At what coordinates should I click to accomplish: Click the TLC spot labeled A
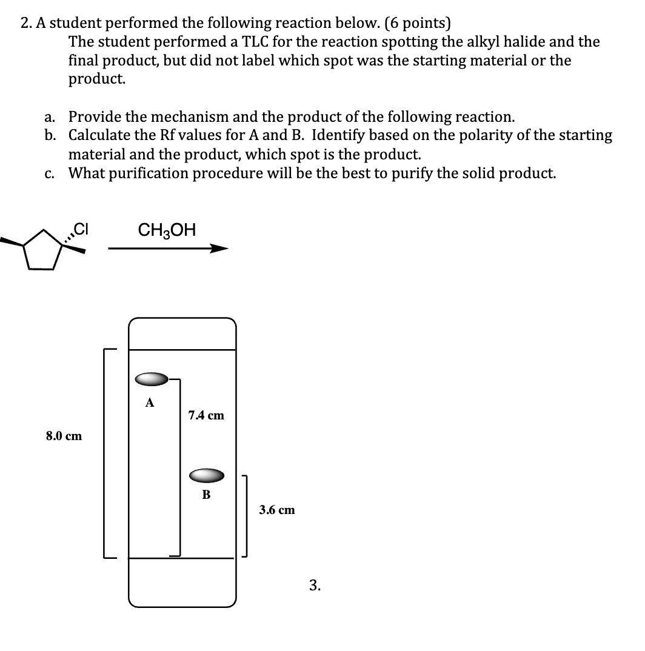coord(152,379)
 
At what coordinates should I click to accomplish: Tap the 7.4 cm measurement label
coord(206,415)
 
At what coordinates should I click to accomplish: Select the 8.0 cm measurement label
coord(64,435)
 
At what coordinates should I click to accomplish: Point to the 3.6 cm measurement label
coord(277,510)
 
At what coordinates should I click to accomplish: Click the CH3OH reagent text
coord(167,230)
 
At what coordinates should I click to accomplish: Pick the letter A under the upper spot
coord(150,402)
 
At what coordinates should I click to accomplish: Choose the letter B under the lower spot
coord(206,495)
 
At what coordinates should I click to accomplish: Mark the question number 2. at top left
coord(25,23)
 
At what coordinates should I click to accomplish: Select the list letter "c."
coord(50,173)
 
